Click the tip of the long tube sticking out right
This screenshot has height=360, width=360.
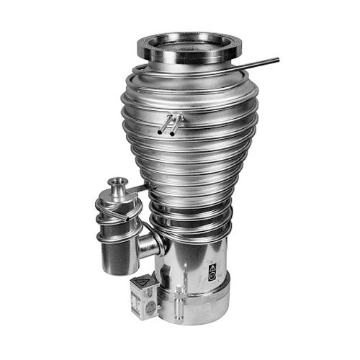[277, 60]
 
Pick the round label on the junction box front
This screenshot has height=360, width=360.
[150, 305]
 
